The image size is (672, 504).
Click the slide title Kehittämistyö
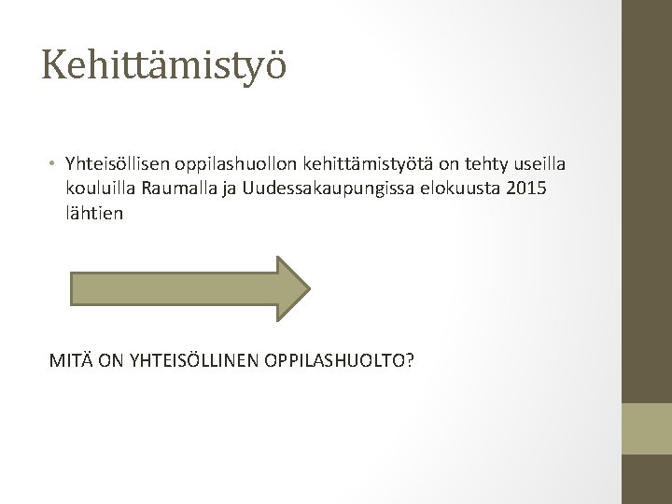point(163,67)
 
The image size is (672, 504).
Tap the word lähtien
point(94,213)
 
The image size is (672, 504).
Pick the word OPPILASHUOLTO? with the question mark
point(339,360)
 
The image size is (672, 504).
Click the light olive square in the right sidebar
point(647,428)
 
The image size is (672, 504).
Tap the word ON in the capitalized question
point(110,360)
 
